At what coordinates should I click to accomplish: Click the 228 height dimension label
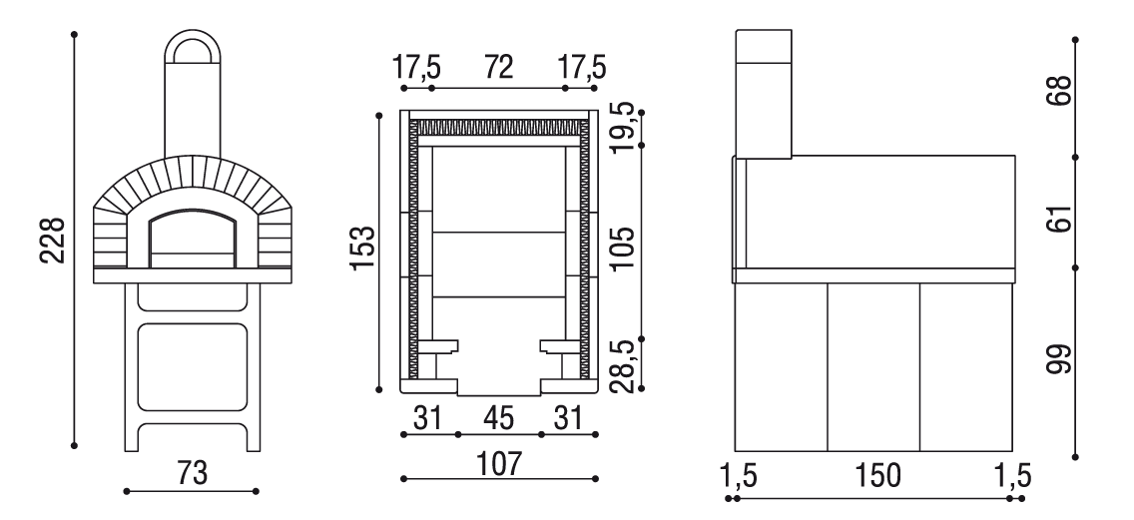click(x=52, y=241)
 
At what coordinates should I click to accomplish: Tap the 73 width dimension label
click(x=192, y=473)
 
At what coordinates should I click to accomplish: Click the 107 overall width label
click(x=499, y=463)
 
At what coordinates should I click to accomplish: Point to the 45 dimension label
click(x=499, y=418)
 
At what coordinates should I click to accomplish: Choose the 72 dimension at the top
click(x=498, y=67)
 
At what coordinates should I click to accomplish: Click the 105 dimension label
click(x=622, y=249)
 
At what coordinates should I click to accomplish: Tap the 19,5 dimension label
click(x=624, y=127)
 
